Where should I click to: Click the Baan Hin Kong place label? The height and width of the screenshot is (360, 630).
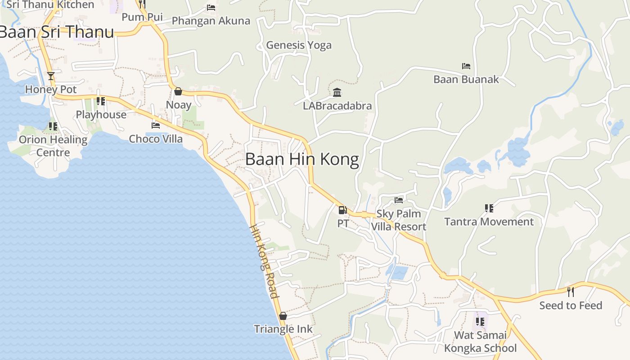(302, 159)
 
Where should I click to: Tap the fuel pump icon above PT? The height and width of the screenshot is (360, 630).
(342, 210)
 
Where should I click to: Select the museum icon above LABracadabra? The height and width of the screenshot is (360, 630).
(337, 93)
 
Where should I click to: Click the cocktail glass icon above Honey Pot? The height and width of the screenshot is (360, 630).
(51, 76)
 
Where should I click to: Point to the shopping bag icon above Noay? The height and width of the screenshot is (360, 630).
(178, 91)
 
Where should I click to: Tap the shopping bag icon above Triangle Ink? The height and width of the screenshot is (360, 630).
(283, 316)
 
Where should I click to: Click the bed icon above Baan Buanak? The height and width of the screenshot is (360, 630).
(466, 66)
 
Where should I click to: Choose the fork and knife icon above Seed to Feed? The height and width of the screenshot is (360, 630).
(571, 292)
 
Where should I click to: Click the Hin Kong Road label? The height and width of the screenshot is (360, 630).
(264, 261)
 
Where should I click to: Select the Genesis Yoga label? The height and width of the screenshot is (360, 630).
(299, 45)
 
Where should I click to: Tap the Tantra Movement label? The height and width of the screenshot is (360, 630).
(489, 222)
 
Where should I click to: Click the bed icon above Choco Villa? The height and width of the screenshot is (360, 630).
(156, 125)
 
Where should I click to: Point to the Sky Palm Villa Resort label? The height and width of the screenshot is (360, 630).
(399, 220)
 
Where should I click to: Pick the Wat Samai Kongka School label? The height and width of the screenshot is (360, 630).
(480, 342)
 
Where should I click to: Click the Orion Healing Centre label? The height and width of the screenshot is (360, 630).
(53, 146)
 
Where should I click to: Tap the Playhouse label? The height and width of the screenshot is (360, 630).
(101, 115)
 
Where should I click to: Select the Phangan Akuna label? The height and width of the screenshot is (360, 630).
(211, 21)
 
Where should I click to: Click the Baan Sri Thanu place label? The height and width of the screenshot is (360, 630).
(57, 32)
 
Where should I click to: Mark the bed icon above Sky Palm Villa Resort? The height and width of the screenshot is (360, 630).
(399, 200)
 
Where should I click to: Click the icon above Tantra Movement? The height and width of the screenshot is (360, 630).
(489, 208)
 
